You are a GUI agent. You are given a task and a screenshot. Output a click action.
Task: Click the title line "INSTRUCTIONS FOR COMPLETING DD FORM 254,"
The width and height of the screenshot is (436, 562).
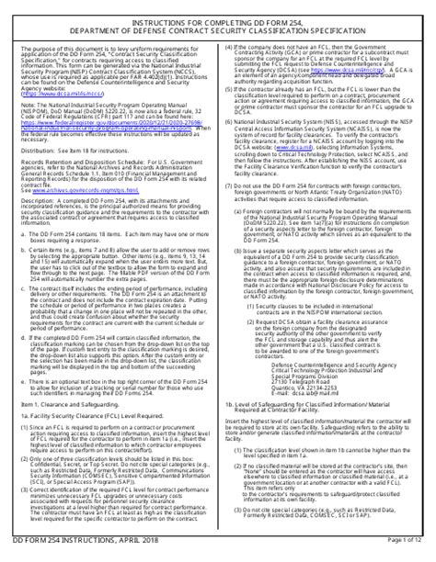pyautogui.click(x=217, y=13)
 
